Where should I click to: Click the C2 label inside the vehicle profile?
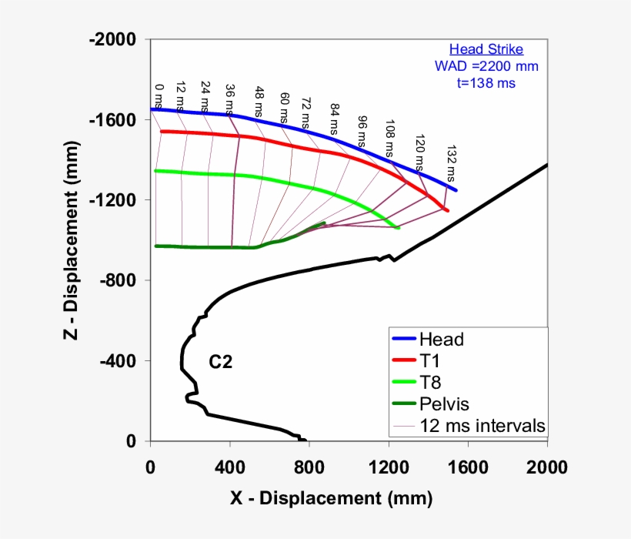click(221, 362)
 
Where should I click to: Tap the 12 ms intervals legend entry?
click(482, 425)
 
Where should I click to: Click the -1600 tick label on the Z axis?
click(114, 120)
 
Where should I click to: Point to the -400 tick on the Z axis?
click(118, 361)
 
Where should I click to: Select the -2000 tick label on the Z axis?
click(114, 39)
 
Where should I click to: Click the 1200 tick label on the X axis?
click(388, 467)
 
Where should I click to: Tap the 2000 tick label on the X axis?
click(547, 467)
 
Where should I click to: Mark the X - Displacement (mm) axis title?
click(332, 498)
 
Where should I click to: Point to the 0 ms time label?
click(158, 96)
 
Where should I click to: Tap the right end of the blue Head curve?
click(456, 189)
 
